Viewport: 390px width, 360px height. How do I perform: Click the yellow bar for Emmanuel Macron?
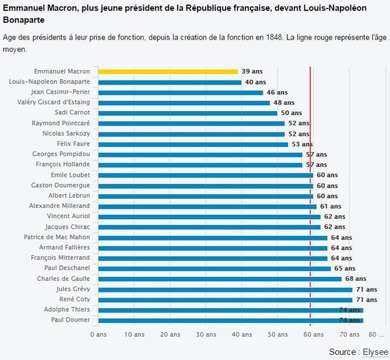pos(168,71)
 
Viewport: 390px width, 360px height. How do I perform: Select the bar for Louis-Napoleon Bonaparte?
pos(169,82)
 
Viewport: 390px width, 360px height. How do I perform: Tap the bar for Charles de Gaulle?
pos(220,279)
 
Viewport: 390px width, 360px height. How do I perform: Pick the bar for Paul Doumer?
pos(230,320)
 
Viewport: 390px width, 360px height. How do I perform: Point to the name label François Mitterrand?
pos(60,258)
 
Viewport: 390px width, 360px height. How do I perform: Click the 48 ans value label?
pos(283,103)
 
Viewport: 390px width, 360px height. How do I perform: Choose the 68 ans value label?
pos(356,279)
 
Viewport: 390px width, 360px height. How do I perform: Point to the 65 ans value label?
pos(344,268)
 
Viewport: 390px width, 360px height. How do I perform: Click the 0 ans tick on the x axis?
pos(97,335)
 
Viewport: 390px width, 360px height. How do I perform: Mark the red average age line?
pos(311,195)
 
